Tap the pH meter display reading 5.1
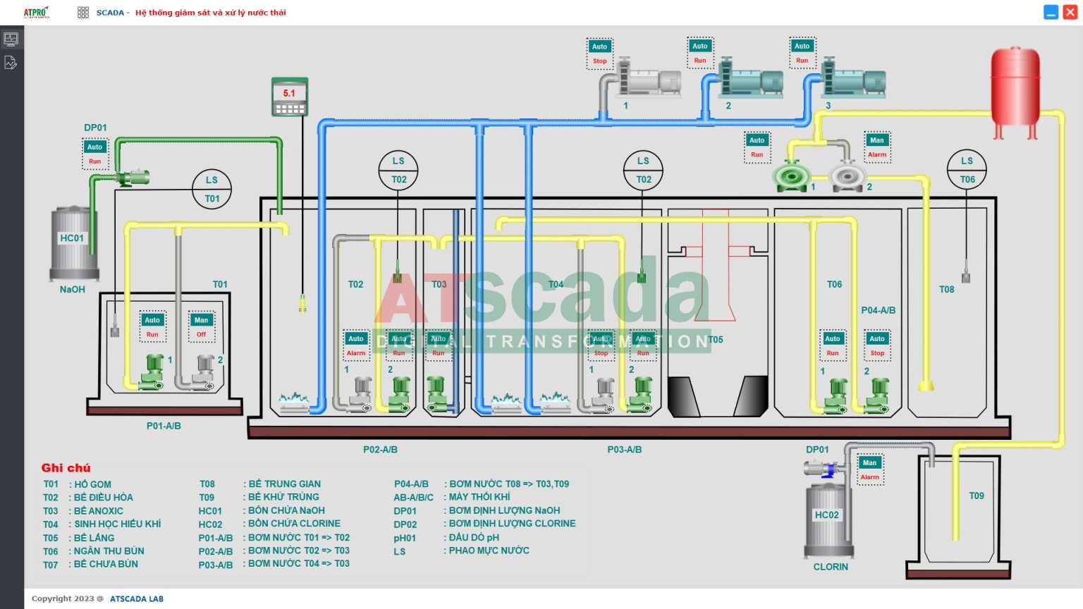pos(289,94)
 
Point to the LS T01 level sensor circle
pos(212,189)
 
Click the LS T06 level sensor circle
pos(967,170)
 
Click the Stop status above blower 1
pos(599,61)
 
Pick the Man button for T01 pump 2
pos(201,320)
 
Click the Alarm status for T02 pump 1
pos(356,353)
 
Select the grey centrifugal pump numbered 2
pos(848,176)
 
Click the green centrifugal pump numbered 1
pos(790,176)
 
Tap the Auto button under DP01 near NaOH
pos(94,147)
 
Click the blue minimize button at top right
pos(1051,13)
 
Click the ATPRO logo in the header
pos(36,13)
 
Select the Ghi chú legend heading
pos(66,468)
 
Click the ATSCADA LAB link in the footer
pos(136,599)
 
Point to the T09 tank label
pos(976,496)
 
